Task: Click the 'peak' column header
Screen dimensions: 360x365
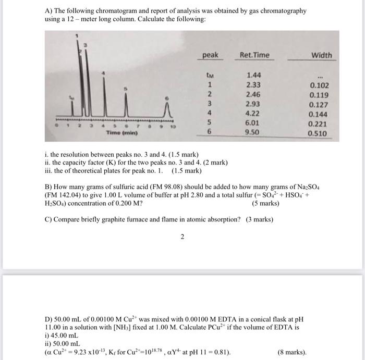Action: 210,55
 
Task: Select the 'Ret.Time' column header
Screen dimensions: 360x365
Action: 254,55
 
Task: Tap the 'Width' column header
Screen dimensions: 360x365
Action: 322,55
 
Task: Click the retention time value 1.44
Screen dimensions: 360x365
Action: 254,75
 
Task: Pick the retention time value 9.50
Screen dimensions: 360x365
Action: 254,133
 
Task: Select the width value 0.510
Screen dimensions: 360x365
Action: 319,133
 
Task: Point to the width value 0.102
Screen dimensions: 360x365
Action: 319,85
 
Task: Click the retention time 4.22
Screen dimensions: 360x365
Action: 254,114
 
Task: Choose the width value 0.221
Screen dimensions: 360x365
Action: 319,124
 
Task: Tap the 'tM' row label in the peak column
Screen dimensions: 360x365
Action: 209,75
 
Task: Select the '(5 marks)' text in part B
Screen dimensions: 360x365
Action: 265,203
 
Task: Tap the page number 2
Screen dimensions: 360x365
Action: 182,237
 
